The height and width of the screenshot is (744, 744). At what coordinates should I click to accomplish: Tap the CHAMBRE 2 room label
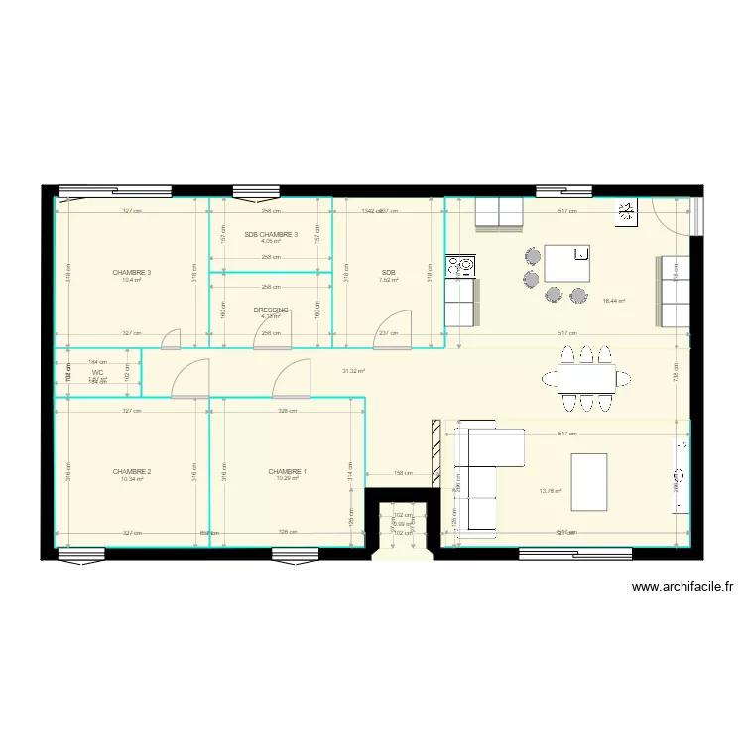pos(132,471)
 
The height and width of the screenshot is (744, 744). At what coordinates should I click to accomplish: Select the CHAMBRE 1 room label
pos(287,471)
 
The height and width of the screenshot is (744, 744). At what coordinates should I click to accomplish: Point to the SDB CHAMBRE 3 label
pos(271,235)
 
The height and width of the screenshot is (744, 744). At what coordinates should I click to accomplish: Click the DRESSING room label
pos(271,310)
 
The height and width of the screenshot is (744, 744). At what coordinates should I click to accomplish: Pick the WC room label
pos(97,372)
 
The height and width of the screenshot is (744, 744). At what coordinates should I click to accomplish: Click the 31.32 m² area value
pos(353,371)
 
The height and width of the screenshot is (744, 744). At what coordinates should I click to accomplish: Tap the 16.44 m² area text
pos(614,300)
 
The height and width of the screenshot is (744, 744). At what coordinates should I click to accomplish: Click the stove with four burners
pos(461,266)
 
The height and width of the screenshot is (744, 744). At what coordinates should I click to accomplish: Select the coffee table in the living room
pos(589,481)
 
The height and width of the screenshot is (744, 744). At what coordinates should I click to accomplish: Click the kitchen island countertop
pos(567,263)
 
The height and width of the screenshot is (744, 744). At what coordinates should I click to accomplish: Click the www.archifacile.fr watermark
pos(682,587)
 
